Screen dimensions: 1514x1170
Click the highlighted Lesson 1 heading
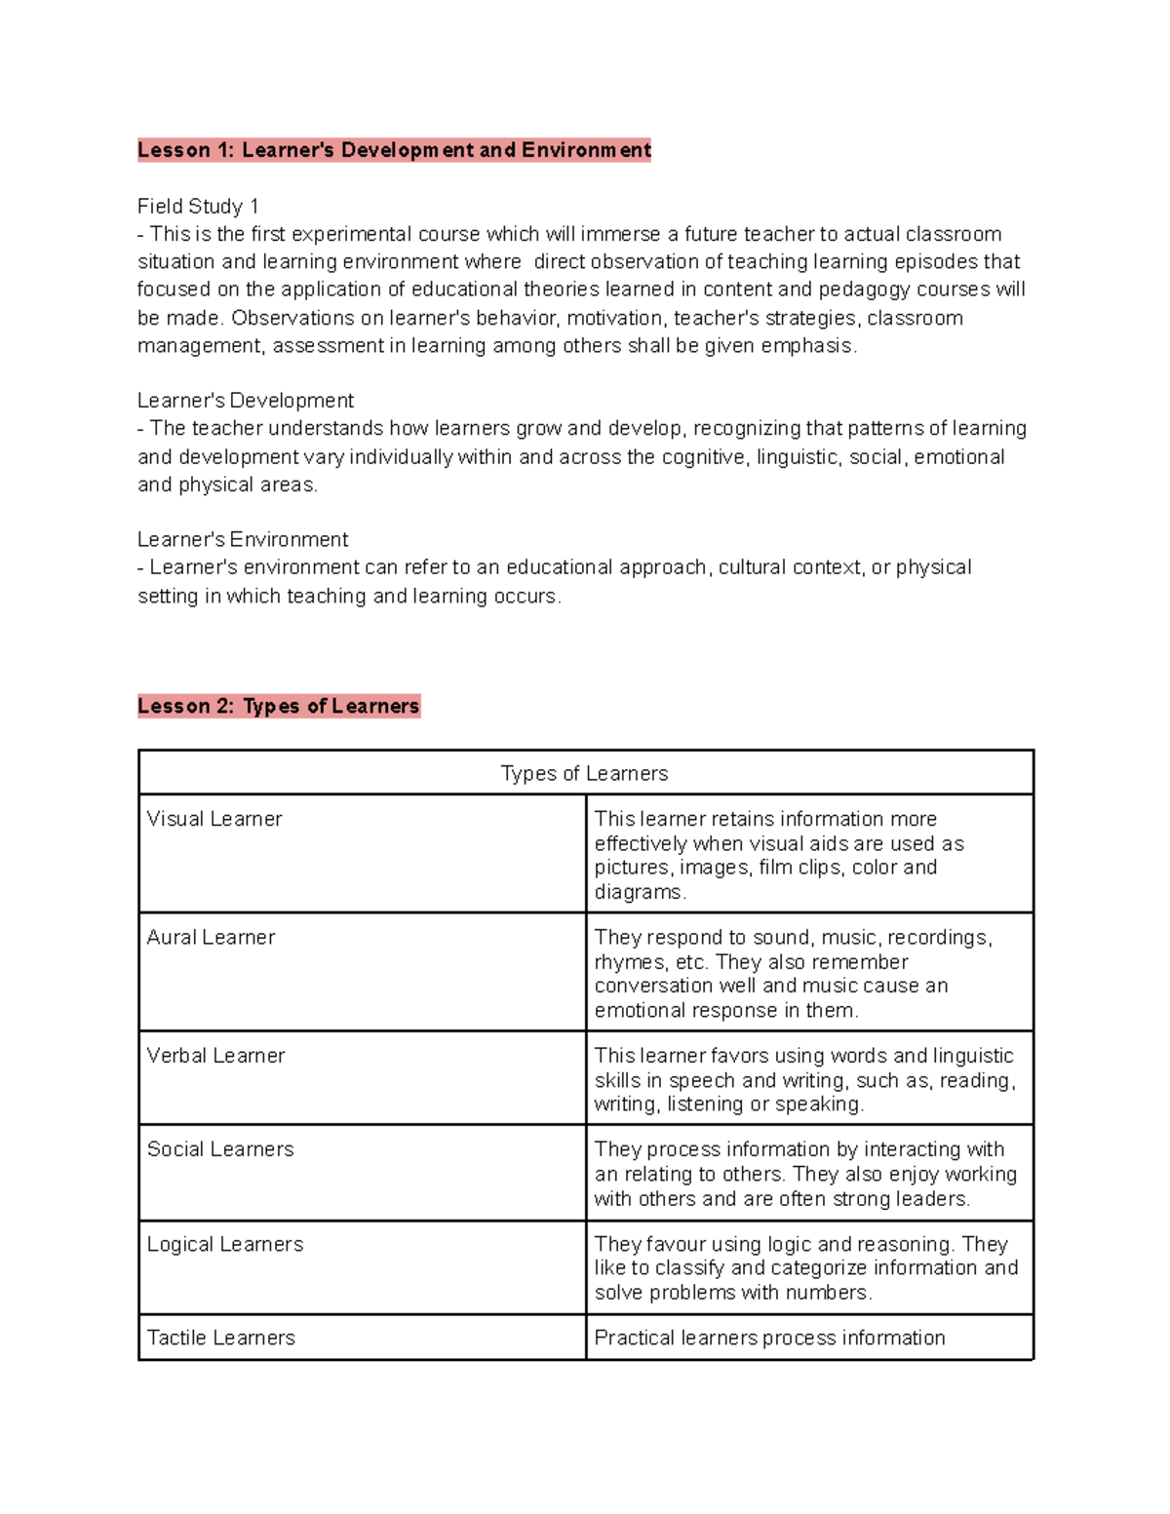[x=394, y=150]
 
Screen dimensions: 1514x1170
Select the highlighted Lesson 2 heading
[x=278, y=706]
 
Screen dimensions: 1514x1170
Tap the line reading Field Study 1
[x=198, y=207]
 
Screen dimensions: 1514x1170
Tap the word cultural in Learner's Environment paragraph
[x=752, y=567]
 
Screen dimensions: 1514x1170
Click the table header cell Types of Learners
[x=585, y=773]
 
